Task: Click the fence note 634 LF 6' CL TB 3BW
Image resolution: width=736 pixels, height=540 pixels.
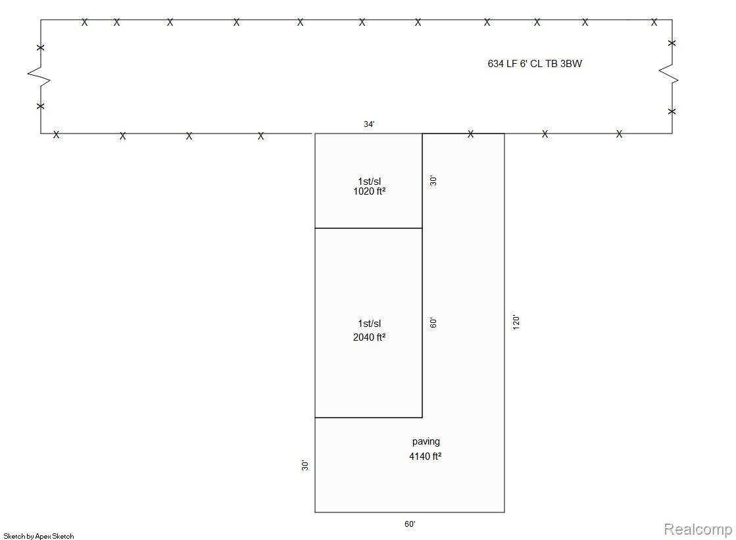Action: pyautogui.click(x=535, y=63)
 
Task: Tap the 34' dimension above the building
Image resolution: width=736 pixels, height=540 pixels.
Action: pyautogui.click(x=369, y=124)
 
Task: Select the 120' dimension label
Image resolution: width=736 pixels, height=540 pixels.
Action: pyautogui.click(x=516, y=322)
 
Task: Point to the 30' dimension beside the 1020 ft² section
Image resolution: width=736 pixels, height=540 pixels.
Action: pyautogui.click(x=433, y=181)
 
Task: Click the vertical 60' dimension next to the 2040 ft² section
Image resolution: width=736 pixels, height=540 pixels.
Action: pyautogui.click(x=433, y=322)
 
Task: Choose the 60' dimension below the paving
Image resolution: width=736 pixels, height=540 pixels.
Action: pyautogui.click(x=410, y=524)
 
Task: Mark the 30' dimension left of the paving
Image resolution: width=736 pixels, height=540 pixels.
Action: pyautogui.click(x=305, y=465)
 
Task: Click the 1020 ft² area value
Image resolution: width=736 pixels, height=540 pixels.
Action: pyautogui.click(x=370, y=191)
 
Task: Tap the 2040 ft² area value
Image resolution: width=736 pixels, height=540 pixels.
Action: pyautogui.click(x=370, y=337)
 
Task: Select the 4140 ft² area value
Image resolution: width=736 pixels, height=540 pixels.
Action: pyautogui.click(x=426, y=456)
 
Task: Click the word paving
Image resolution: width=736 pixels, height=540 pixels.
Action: pyautogui.click(x=426, y=441)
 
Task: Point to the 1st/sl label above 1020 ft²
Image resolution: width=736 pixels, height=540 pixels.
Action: pyautogui.click(x=370, y=182)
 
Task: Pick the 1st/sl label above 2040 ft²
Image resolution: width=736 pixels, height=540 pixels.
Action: pyautogui.click(x=370, y=324)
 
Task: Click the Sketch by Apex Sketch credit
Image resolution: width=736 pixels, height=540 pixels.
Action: pyautogui.click(x=39, y=536)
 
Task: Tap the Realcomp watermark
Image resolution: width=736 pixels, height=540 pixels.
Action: pyautogui.click(x=698, y=529)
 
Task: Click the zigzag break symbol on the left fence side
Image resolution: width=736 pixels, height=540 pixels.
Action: pyautogui.click(x=39, y=76)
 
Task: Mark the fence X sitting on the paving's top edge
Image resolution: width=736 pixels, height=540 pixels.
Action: pyautogui.click(x=471, y=134)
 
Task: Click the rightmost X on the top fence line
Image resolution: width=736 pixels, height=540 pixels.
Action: pyautogui.click(x=654, y=22)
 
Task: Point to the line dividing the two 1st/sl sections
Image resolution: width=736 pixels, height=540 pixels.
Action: pyautogui.click(x=368, y=228)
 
